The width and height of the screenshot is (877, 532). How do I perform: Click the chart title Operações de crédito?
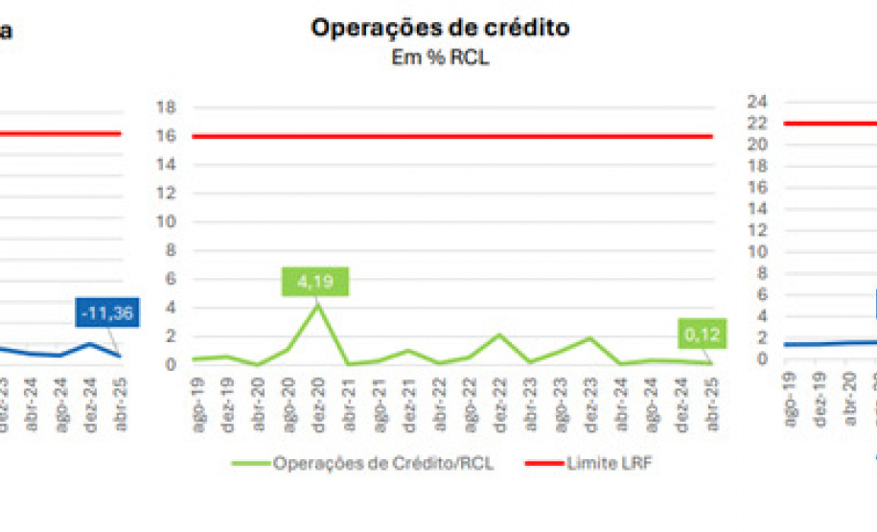pyautogui.click(x=440, y=28)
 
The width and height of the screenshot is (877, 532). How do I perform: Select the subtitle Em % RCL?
pyautogui.click(x=440, y=58)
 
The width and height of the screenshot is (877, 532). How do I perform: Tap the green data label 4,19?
pyautogui.click(x=316, y=282)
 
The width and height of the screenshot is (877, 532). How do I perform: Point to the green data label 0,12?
pyautogui.click(x=705, y=335)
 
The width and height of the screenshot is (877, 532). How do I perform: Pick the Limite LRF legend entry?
pyautogui.click(x=593, y=463)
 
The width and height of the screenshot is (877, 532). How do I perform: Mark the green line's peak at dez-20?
pyautogui.click(x=317, y=305)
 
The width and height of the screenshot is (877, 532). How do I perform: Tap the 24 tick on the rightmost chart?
pyautogui.click(x=758, y=101)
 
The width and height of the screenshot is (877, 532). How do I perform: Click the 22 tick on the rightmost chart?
pyautogui.click(x=758, y=123)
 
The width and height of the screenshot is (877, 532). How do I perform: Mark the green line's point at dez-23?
pyautogui.click(x=590, y=337)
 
